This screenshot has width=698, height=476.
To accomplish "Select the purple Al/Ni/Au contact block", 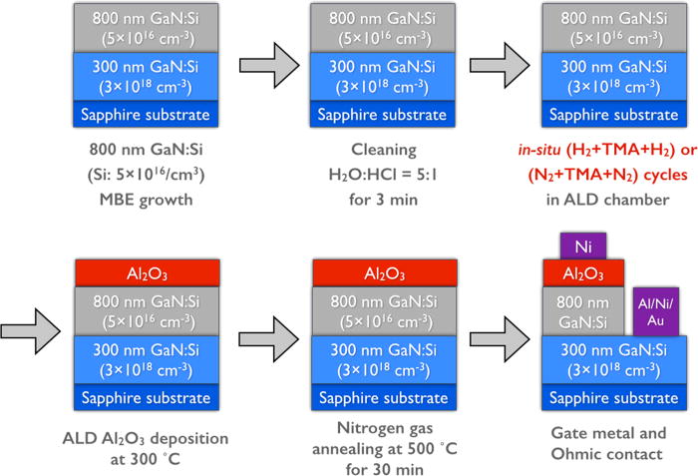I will pos(656,308).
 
